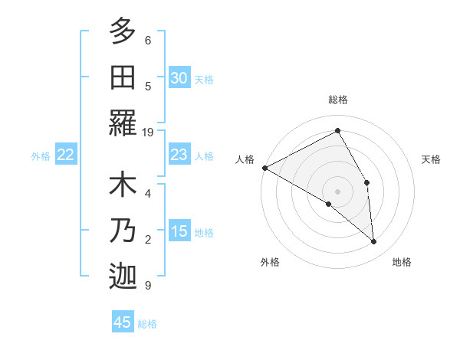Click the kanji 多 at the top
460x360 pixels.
click(x=123, y=33)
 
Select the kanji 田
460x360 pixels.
click(x=123, y=78)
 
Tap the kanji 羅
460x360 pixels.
click(x=123, y=123)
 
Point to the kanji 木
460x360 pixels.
click(x=123, y=186)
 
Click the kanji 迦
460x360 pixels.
click(x=123, y=277)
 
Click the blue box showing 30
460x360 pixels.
click(x=179, y=78)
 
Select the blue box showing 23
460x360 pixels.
click(x=179, y=155)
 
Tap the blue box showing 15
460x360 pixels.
click(x=179, y=231)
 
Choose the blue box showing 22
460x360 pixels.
click(x=65, y=155)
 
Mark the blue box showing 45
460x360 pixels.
click(x=123, y=322)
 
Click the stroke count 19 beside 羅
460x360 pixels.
click(x=148, y=132)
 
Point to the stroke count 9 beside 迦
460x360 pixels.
click(x=148, y=286)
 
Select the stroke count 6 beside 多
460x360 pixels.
click(x=148, y=40)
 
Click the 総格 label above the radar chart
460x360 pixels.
click(x=338, y=100)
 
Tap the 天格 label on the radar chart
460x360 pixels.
click(x=432, y=159)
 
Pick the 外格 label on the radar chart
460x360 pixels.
click(x=269, y=263)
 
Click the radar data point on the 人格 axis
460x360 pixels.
click(x=264, y=167)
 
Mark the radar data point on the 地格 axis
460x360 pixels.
click(x=374, y=241)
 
